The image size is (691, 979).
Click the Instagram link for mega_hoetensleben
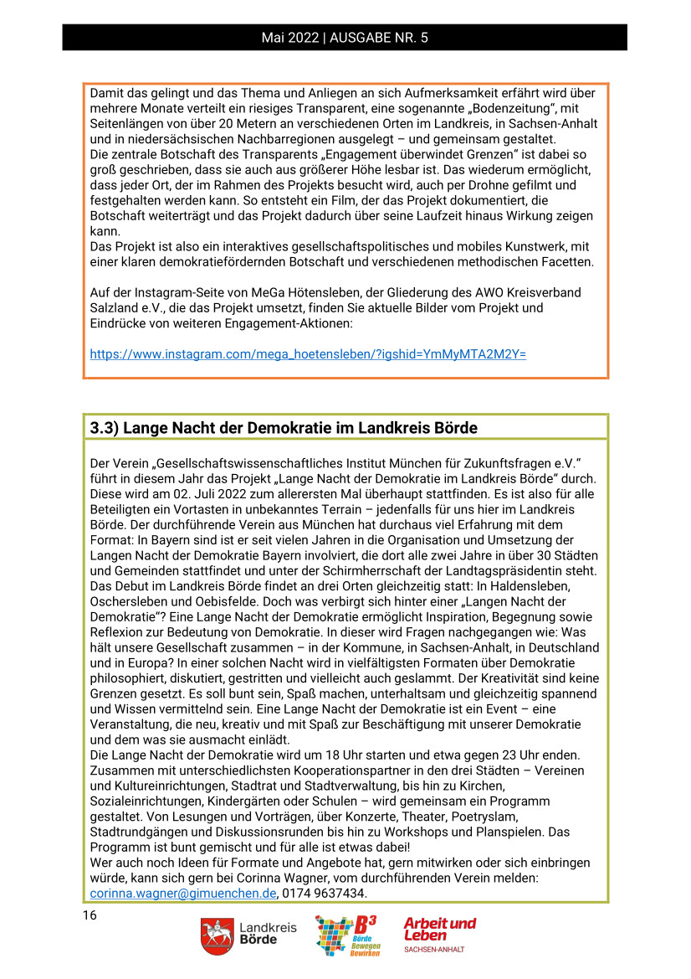308,353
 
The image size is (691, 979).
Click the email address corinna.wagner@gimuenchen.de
183,894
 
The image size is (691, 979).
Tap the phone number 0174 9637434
325,894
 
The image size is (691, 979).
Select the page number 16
90,915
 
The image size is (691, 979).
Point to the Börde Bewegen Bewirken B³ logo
346,936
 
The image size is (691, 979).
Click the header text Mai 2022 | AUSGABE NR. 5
345,38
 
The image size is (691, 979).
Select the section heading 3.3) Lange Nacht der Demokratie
284,428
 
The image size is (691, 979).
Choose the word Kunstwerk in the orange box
518,246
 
